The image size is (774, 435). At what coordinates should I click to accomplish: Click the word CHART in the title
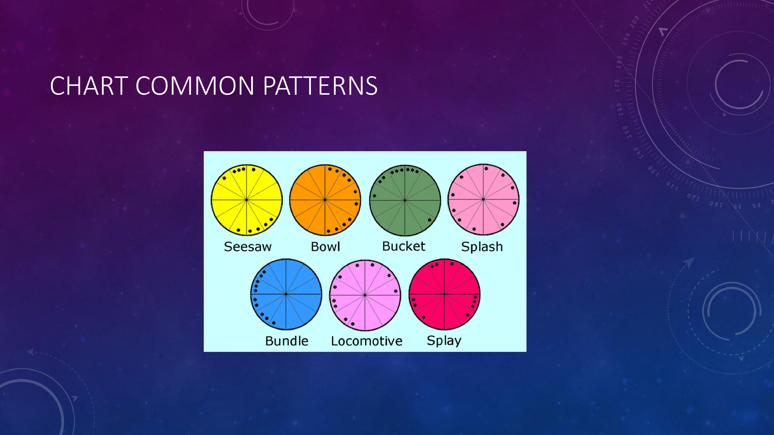pos(89,86)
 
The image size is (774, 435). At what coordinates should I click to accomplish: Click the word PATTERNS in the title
pos(320,86)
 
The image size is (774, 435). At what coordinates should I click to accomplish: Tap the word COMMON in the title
pos(195,86)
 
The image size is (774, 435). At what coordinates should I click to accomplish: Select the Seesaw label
pos(248,247)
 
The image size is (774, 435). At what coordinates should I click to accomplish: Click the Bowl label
pos(325,247)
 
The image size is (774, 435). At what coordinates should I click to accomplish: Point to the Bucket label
pos(404,246)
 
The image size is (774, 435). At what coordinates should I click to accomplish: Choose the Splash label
pos(482,247)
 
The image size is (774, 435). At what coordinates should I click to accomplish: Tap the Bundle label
pos(287,341)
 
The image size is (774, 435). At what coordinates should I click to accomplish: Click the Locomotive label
pos(367,341)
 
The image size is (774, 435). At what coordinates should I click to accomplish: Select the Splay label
pos(444,341)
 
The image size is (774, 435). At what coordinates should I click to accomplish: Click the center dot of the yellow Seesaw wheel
pos(246,200)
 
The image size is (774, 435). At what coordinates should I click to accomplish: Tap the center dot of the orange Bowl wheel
pos(325,200)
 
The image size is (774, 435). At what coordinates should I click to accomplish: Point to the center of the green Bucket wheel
pos(405,200)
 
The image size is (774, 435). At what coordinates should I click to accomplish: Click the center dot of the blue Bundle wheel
pos(286,294)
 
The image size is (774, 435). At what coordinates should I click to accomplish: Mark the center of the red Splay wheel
pos(444,294)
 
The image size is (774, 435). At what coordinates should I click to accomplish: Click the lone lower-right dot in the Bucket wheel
pos(429,220)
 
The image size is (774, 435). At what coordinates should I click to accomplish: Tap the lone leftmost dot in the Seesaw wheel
pos(224,178)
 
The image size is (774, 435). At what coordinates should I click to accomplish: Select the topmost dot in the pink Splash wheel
pos(486,169)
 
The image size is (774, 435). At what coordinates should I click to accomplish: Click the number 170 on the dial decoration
pos(617,86)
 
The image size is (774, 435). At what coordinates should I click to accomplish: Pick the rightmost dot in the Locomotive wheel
pos(396,291)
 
